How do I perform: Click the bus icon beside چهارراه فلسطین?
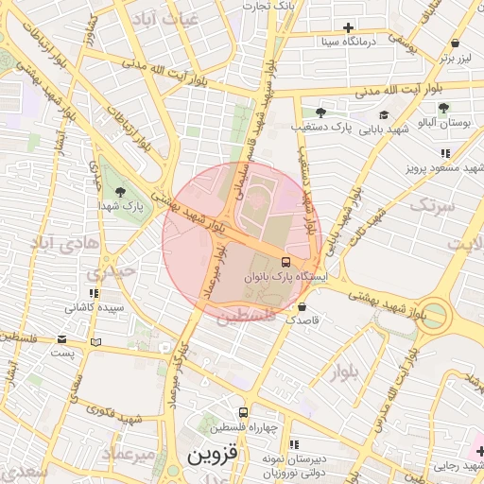click(243, 412)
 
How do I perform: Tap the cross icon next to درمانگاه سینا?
click(349, 28)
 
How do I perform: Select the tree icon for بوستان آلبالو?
click(443, 108)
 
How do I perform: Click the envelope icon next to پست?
click(61, 338)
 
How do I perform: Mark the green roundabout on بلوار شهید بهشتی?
click(433, 314)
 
